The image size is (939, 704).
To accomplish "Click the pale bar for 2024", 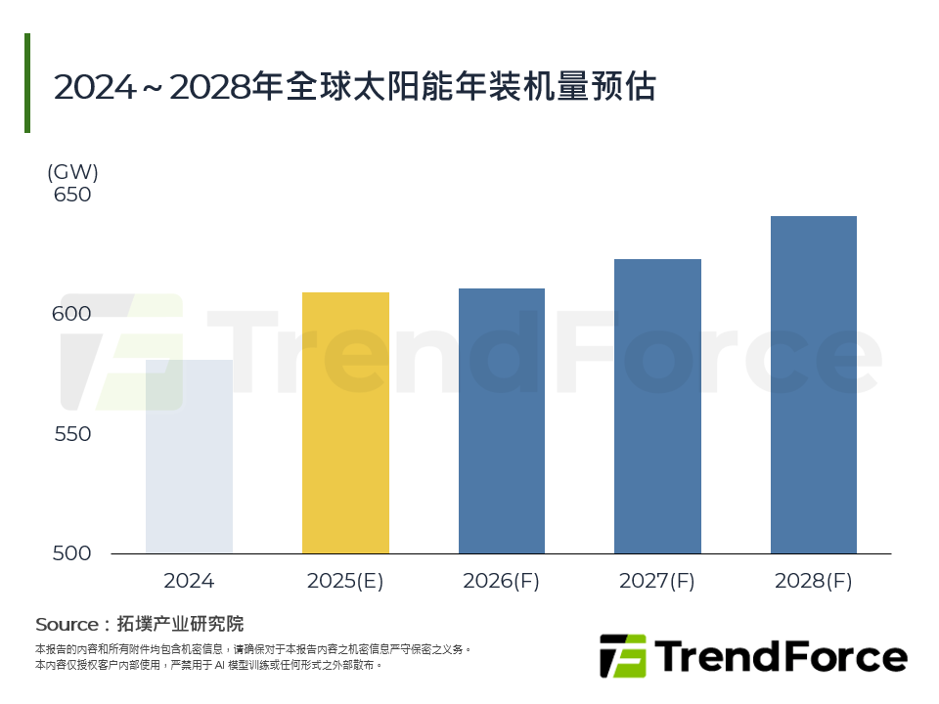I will [x=189, y=457].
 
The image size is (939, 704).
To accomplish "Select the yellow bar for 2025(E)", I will [x=345, y=422].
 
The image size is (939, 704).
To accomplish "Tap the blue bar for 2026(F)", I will [x=501, y=420].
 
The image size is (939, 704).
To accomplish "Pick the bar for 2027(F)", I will [x=657, y=406].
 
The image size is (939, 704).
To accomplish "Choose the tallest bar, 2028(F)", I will [x=814, y=384].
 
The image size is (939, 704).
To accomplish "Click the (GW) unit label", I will [x=72, y=172].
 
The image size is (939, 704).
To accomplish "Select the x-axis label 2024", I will [x=189, y=581].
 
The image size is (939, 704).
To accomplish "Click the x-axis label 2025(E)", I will [x=345, y=581].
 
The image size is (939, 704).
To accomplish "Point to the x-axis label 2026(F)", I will [x=501, y=581].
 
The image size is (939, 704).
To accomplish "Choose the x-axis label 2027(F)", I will [x=657, y=581].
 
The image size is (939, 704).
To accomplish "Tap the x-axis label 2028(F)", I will [x=814, y=581].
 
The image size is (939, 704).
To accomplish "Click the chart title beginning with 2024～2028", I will [x=354, y=87].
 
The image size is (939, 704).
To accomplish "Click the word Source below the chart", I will [x=67, y=624].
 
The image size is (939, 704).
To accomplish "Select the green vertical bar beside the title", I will [x=27, y=83].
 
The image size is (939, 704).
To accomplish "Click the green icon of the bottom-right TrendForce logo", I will [x=623, y=656].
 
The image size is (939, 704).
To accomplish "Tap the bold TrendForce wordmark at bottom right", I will [x=780, y=656].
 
